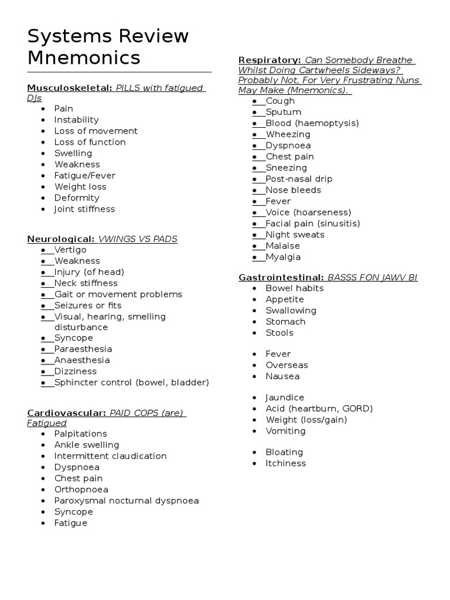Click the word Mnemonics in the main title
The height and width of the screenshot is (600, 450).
coord(84,57)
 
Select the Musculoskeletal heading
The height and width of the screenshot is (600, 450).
coord(69,88)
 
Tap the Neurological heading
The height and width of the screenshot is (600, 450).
coord(60,239)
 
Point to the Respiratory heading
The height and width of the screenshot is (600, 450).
coord(270,61)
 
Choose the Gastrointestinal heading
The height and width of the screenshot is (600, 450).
coord(281,277)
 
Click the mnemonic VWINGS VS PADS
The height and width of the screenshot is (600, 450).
coord(138,239)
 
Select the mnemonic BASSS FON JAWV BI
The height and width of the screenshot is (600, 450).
coord(372,277)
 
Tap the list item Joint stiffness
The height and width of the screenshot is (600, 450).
coord(84,209)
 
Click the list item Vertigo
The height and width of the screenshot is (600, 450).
coord(70,250)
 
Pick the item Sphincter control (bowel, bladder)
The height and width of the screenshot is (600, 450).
coord(131,383)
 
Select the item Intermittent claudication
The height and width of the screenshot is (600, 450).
coord(110,456)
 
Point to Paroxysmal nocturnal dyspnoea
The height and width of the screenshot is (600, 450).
coord(126,500)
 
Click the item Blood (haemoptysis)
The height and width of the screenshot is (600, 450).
coord(312,123)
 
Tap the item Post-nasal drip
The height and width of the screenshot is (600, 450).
coord(299,179)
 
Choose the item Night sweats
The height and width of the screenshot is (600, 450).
coord(295,234)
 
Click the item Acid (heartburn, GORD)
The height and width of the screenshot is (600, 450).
coord(319,408)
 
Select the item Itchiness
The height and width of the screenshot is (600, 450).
coord(285,463)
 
